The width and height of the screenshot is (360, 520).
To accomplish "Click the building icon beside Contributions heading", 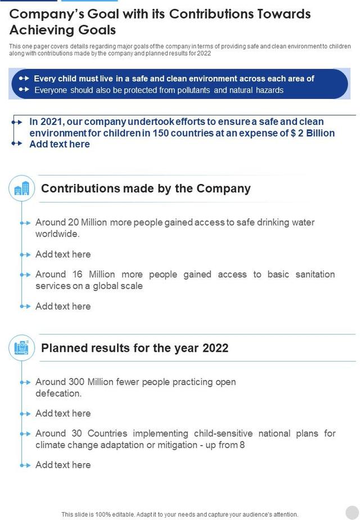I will point(22,189).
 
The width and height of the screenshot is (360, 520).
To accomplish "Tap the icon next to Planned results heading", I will point(22,348).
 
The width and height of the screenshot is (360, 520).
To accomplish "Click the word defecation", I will point(58,393).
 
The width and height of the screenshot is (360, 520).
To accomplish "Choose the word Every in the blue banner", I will point(45,79).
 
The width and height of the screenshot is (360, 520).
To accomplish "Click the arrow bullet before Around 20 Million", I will point(25,223).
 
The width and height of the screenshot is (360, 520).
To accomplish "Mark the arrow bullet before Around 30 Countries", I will point(25,434).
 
